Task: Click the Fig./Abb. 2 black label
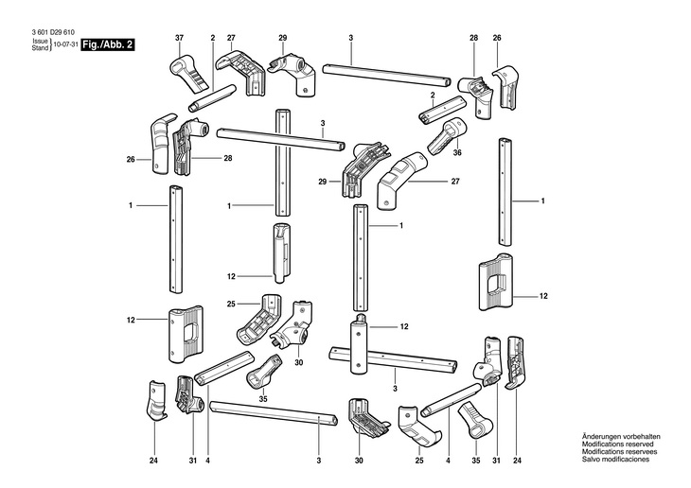(107, 45)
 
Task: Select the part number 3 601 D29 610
(53, 32)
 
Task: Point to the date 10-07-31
(65, 45)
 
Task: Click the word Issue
(40, 42)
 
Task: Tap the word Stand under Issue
(40, 48)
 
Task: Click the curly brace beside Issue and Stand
(51, 45)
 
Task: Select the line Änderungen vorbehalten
(621, 437)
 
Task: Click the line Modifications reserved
(618, 444)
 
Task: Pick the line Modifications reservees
(620, 451)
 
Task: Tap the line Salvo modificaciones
(615, 459)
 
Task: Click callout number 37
(179, 38)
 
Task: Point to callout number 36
(457, 152)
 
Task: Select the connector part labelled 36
(447, 134)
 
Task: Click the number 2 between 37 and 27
(212, 38)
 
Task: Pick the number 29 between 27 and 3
(282, 38)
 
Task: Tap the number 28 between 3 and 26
(473, 38)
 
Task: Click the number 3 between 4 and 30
(319, 461)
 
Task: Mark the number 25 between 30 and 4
(419, 461)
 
